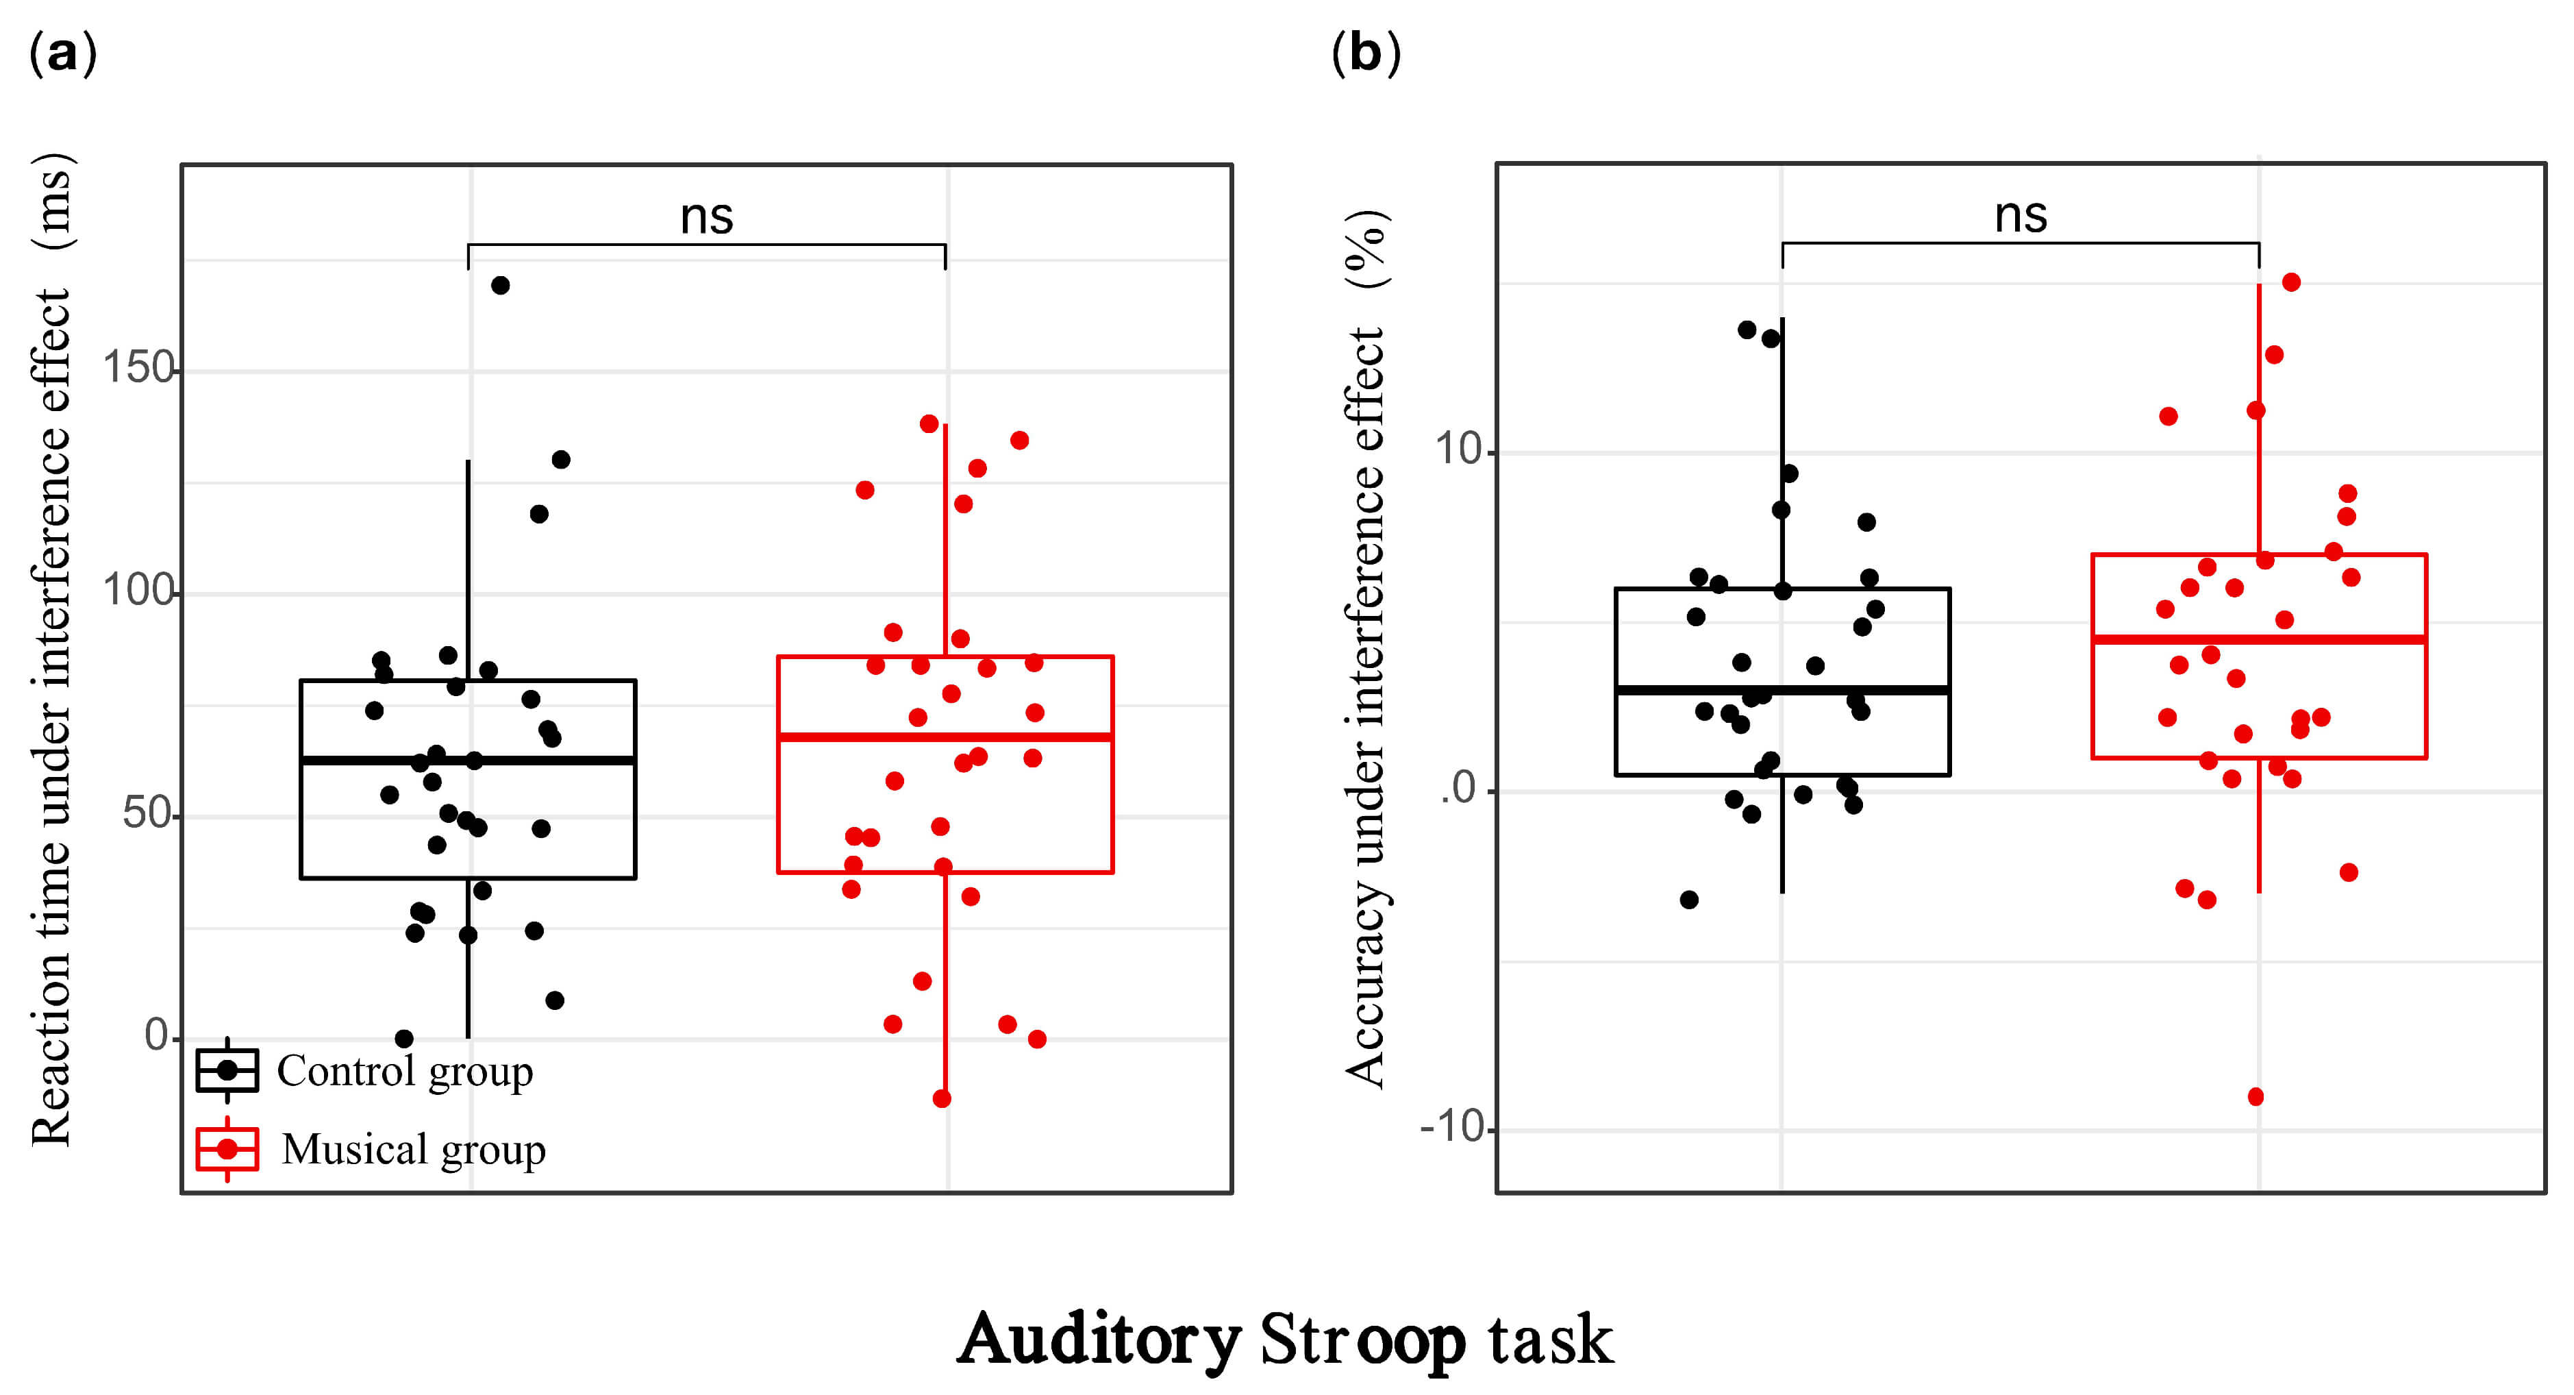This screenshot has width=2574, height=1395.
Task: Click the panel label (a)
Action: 63,53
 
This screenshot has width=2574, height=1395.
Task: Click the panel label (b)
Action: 1366,53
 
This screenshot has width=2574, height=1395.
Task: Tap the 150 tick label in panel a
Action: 138,368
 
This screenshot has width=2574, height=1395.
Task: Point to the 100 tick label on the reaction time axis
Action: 138,591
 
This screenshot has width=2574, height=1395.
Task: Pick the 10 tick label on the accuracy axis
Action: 1459,449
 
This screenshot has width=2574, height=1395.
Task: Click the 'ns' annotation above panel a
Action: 706,216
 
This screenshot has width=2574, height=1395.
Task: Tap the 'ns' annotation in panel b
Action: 2021,215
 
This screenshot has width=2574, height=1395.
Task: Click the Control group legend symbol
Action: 228,1070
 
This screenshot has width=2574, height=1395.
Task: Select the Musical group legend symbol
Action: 228,1149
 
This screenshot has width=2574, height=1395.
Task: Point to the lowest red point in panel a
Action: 941,1099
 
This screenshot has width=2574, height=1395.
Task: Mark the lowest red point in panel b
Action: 2256,1097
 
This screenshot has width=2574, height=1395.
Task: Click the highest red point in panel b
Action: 2291,283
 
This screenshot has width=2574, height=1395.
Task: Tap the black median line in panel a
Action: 468,761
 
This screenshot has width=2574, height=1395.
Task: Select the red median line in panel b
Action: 2258,639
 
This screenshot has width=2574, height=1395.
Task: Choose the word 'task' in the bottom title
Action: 1550,1339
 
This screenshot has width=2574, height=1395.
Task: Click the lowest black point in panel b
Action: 1688,900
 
